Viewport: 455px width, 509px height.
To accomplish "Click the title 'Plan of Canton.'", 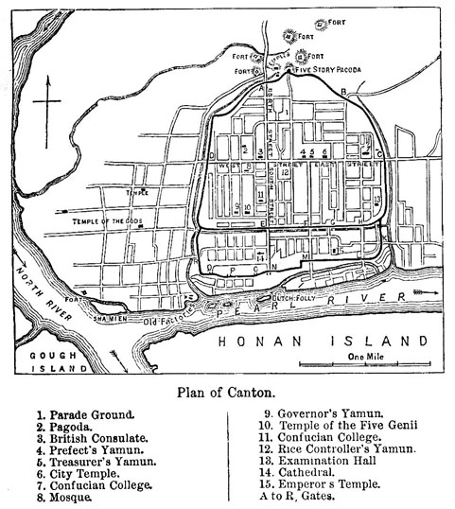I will (227, 392).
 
